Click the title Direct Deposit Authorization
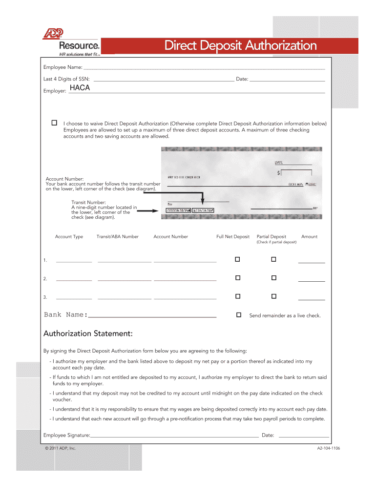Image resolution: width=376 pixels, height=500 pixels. coord(240,46)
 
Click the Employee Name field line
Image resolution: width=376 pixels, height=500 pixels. coord(204,69)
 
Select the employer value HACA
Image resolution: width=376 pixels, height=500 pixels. coord(80,88)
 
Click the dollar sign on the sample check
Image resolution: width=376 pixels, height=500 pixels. coord(279,173)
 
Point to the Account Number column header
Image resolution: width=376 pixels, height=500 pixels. coord(170,237)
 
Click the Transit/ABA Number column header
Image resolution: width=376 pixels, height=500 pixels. coord(117,237)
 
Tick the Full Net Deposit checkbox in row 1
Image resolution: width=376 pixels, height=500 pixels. coord(238,259)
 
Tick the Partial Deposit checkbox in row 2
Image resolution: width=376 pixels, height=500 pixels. coord(274,278)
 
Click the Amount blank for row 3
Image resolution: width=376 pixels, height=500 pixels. coord(312,299)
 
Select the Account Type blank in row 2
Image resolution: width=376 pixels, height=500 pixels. coord(74,280)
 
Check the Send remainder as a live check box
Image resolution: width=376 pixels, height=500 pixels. coord(239,315)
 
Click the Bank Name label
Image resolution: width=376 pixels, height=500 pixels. coord(65,315)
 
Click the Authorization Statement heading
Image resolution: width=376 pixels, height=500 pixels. coord(88,334)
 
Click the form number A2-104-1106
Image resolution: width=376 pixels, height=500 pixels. coord(328,448)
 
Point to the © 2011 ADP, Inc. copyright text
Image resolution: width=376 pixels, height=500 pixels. coord(59,448)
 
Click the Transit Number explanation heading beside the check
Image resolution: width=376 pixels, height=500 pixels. coord(88,202)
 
